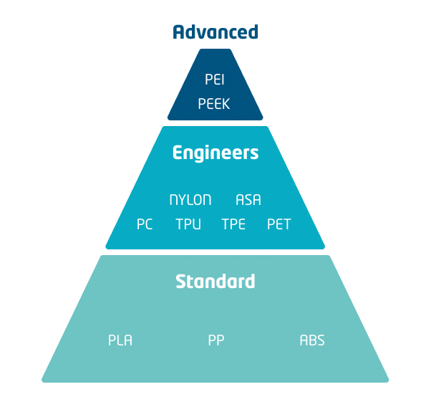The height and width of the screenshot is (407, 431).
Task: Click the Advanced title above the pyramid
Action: (x=215, y=32)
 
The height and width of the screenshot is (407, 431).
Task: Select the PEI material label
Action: (x=215, y=79)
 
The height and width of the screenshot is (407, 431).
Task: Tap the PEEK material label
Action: (x=215, y=104)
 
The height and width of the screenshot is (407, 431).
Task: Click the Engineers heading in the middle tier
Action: (x=215, y=153)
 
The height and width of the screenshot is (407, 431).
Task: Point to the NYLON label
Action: (x=190, y=200)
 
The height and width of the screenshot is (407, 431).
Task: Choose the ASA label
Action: (x=248, y=200)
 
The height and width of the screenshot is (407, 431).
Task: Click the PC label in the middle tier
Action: (x=145, y=224)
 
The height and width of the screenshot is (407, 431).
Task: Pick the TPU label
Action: (x=188, y=224)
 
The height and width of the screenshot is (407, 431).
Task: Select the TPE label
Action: (x=233, y=224)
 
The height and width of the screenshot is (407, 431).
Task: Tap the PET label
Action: (x=279, y=224)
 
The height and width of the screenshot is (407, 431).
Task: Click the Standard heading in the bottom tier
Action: (x=215, y=282)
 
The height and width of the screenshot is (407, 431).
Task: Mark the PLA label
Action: (x=120, y=340)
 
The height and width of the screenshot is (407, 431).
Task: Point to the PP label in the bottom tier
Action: (x=216, y=340)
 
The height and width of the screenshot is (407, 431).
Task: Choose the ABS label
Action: (x=312, y=340)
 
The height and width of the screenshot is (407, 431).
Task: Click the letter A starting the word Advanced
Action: (x=179, y=32)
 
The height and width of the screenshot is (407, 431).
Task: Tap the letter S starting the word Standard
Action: (x=181, y=282)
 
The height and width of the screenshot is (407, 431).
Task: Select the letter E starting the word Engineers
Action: (x=178, y=153)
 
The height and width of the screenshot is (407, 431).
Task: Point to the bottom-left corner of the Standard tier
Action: (x=44, y=379)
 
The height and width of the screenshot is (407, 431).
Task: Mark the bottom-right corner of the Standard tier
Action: (x=386, y=379)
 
